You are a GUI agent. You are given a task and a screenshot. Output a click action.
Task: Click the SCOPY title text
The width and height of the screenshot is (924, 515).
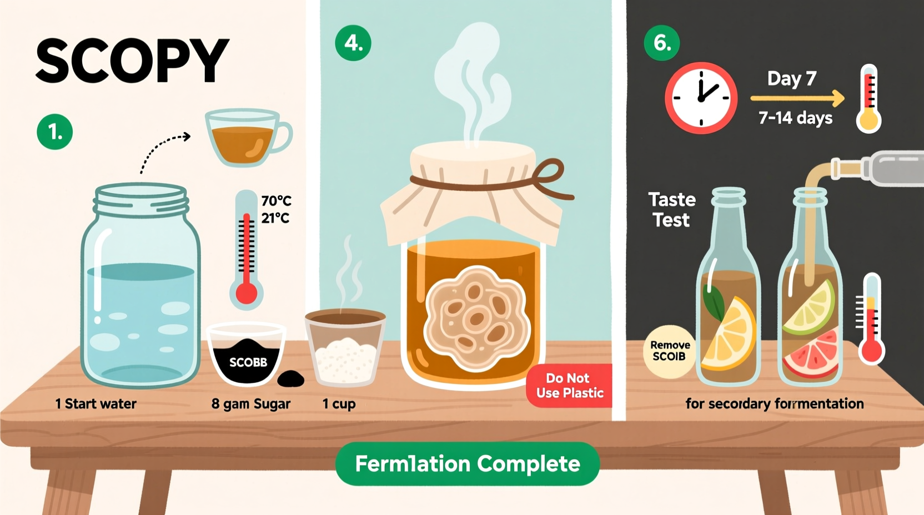(132, 61)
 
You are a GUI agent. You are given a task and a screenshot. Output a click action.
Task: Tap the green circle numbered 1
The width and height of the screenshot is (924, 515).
(54, 132)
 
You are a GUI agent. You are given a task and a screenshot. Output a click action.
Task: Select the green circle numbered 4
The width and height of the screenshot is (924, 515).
(353, 43)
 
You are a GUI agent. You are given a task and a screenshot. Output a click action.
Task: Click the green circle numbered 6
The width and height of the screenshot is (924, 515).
(661, 43)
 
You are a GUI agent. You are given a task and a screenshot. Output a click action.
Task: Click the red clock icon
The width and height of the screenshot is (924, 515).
(701, 98)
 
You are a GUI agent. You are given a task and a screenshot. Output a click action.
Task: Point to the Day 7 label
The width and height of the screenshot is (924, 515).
(791, 78)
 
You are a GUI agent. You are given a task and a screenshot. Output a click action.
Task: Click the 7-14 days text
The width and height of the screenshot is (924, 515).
(795, 118)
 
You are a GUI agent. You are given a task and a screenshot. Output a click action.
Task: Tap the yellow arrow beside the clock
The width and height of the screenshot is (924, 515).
(797, 98)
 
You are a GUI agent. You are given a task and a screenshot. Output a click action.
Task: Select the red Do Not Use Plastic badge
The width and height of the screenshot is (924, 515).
(569, 386)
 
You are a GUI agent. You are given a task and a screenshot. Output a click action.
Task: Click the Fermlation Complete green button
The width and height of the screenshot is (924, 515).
(467, 463)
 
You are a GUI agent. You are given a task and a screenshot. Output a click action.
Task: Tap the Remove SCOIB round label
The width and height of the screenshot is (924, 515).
(670, 351)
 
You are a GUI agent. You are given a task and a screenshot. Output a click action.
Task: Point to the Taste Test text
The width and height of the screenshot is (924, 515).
(671, 210)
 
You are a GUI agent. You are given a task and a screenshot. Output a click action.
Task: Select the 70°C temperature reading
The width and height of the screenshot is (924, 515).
(276, 200)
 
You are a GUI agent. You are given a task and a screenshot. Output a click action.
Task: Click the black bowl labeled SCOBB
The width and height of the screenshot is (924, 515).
(247, 355)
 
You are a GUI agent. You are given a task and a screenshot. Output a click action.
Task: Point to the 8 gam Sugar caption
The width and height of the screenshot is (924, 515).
(250, 404)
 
